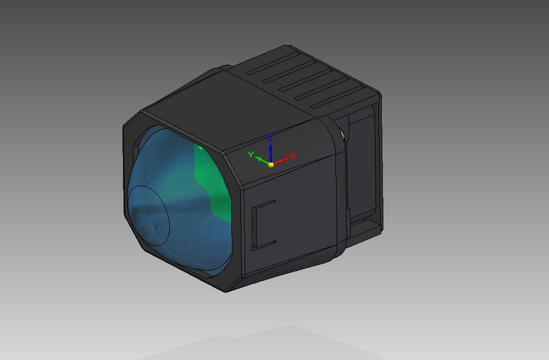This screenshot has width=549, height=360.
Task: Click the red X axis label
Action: (x=293, y=156)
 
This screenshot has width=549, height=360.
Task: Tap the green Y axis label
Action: (x=251, y=155)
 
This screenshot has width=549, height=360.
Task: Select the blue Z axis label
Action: (x=270, y=138)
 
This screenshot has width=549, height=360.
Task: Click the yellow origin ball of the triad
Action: (x=271, y=164)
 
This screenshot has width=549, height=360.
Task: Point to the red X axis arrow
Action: (x=281, y=161)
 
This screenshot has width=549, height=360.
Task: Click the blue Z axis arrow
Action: (x=271, y=152)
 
